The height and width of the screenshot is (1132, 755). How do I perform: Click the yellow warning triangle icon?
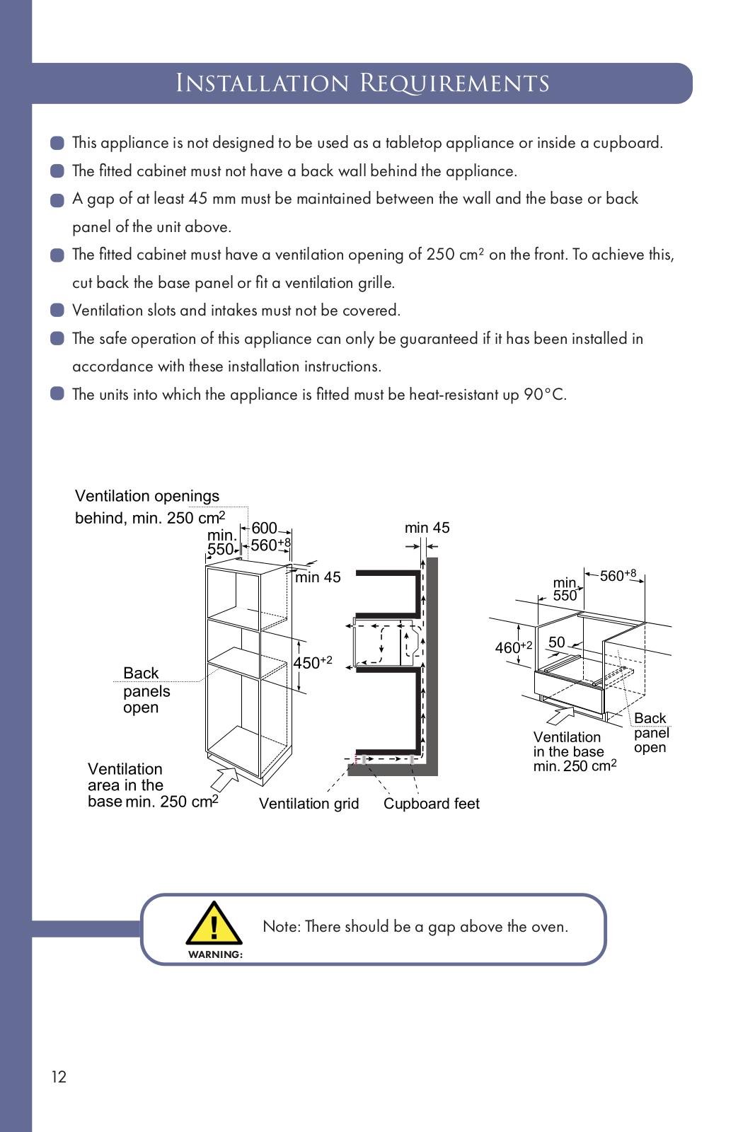point(214,925)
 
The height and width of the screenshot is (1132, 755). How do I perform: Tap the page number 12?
point(59,1077)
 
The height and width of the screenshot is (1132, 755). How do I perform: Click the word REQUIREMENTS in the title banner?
point(454,83)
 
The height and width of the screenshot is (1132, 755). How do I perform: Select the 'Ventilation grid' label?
point(309,804)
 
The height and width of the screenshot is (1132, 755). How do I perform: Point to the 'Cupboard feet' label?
point(431,804)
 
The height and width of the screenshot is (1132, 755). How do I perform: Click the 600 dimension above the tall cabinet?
point(264,529)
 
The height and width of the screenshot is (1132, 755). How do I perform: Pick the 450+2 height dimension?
point(312,663)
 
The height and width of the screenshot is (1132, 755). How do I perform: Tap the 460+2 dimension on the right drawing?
point(512,647)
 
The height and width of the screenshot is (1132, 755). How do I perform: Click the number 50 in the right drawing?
point(557,642)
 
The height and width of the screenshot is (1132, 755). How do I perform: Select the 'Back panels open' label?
point(146,690)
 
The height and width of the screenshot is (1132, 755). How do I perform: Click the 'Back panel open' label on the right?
point(650,733)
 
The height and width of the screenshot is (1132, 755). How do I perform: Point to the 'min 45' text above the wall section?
point(427,528)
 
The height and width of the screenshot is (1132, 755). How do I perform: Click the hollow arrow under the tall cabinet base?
point(225,778)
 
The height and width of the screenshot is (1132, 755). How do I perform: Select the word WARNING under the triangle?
point(215,954)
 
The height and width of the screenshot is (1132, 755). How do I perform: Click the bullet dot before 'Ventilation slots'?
point(57,311)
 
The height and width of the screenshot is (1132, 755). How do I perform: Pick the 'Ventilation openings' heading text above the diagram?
point(147,496)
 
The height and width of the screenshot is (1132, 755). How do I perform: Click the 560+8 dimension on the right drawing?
point(618,576)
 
